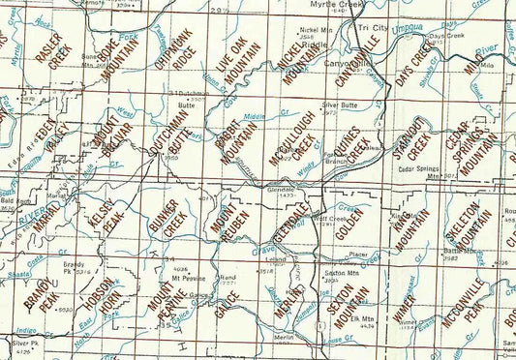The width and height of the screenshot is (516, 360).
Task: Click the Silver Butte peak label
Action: tap(341, 104)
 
